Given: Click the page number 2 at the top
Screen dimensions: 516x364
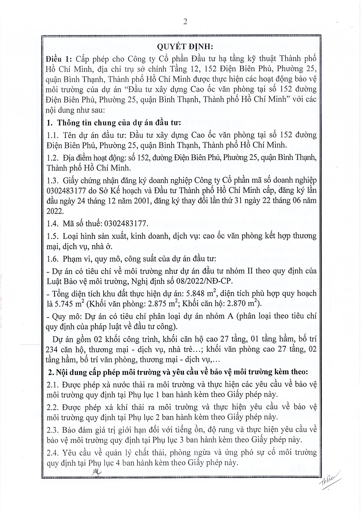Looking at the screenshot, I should click(185, 22).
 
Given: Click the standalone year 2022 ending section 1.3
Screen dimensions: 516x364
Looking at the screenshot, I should click(54, 211).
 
